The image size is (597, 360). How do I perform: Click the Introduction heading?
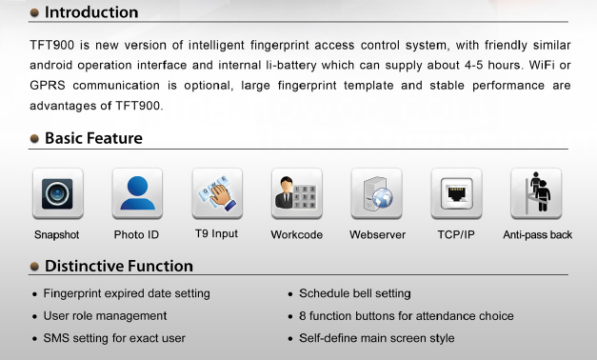[x=91, y=12]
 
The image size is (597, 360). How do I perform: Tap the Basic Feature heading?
[x=93, y=138]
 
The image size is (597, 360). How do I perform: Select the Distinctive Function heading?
[x=119, y=266]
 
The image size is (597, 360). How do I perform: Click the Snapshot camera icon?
[x=58, y=193]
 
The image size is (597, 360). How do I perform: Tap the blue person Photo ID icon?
[x=137, y=193]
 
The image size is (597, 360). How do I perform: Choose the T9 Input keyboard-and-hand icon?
[x=217, y=193]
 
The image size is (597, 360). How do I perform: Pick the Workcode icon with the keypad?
[x=297, y=193]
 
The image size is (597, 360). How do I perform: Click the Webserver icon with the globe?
[x=376, y=193]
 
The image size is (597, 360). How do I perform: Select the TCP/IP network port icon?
[x=456, y=193]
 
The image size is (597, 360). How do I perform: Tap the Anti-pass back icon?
[x=536, y=193]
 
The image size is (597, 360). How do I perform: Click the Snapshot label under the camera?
[x=57, y=235]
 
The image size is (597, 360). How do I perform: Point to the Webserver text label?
[x=377, y=234]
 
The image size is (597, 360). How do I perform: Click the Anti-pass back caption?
[x=538, y=234]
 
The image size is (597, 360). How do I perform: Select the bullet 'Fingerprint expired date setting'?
[x=127, y=293]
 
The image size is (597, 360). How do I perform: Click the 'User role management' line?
[x=105, y=316]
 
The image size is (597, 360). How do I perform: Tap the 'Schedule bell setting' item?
[x=355, y=293]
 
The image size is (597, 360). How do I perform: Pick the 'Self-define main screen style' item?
[x=377, y=338]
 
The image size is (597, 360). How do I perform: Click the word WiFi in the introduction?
[x=542, y=65]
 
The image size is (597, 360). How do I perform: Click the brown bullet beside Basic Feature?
[x=34, y=138]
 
